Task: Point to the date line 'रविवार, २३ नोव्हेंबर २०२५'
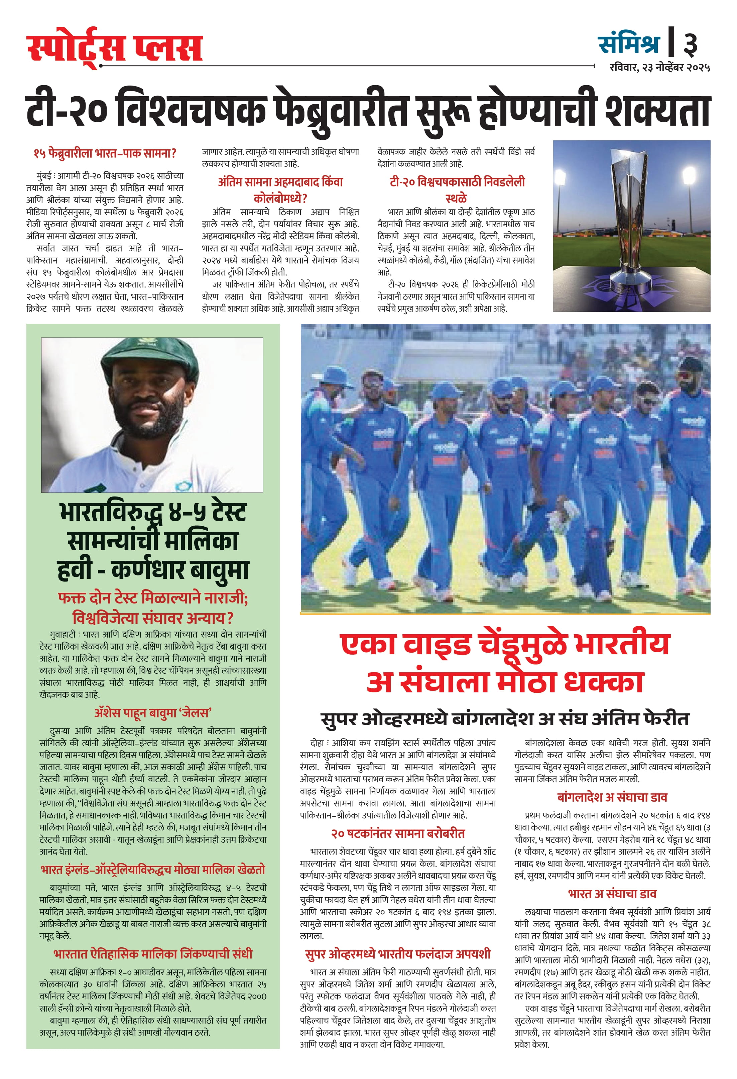(x=659, y=68)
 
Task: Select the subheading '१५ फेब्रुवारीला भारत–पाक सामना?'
(x=105, y=153)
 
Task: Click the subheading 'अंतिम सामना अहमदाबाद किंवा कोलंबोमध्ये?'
(x=280, y=190)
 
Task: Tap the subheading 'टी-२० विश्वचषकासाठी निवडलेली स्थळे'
(x=457, y=190)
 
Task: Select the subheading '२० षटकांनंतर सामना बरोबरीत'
(x=398, y=833)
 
